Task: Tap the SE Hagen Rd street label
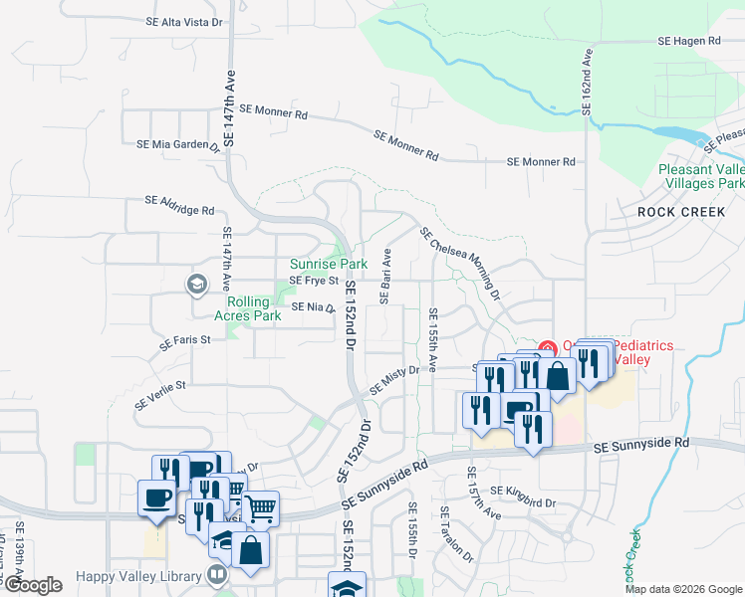tap(689, 41)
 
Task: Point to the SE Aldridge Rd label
tap(179, 205)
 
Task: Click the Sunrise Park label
tap(329, 264)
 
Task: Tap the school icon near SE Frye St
tap(196, 285)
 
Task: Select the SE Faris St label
tap(185, 341)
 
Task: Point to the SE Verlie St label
tap(160, 393)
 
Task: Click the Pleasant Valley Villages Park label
tap(702, 176)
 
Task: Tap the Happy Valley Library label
tap(141, 575)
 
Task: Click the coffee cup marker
tap(157, 496)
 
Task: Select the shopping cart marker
tap(260, 508)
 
